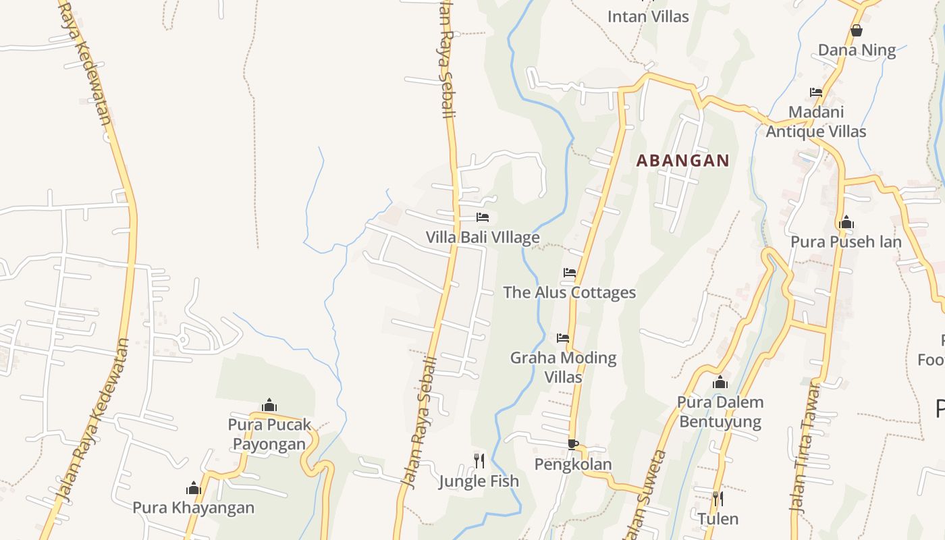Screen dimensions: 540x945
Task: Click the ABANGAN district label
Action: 683,161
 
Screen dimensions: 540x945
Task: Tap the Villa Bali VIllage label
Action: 483,238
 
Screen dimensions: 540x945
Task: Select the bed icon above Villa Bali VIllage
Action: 483,217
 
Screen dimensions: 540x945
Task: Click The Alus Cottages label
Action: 570,292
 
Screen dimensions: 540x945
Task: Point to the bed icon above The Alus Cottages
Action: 570,273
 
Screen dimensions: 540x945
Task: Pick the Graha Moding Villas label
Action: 563,367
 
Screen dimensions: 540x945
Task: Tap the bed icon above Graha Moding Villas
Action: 563,337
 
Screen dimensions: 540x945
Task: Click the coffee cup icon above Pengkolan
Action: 572,444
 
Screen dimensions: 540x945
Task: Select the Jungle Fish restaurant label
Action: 479,481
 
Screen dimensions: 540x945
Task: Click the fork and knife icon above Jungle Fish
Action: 479,461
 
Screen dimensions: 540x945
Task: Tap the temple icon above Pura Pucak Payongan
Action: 269,405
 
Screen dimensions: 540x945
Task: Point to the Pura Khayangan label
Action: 193,508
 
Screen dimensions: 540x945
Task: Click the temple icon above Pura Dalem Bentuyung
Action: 720,383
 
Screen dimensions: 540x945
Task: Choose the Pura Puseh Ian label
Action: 846,242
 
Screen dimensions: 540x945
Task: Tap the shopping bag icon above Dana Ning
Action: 857,30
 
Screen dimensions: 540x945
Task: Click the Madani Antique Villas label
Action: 816,122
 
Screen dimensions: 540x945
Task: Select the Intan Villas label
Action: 648,16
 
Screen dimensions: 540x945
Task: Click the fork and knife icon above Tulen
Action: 718,499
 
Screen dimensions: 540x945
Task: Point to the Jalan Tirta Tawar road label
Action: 805,449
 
